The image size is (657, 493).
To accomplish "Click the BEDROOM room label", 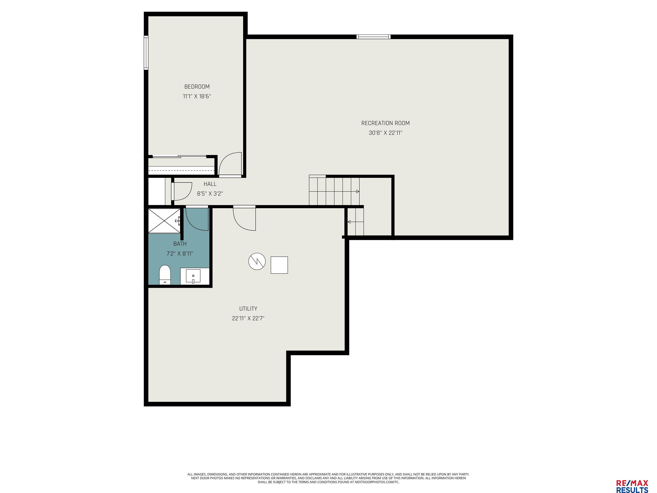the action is point(197,87).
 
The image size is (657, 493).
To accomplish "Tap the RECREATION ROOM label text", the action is point(385,123).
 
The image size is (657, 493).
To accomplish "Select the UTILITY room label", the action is point(248,309).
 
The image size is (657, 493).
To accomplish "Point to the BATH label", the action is point(180,244).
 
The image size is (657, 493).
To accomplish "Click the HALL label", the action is point(210,184).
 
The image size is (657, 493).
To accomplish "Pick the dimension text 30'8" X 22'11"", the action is point(385,133).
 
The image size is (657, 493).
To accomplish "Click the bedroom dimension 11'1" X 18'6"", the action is point(197,96).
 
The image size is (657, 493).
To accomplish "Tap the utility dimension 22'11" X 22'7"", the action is point(248,318).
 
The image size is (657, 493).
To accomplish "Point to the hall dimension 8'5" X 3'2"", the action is point(210,194).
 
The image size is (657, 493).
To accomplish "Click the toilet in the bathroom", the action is point(165,275).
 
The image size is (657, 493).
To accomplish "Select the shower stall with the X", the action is point(164,221).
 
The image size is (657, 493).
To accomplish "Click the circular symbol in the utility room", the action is point(257,261).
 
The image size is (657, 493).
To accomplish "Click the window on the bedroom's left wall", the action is point(146,53).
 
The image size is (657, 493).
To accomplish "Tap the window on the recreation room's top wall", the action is point(374,37).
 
